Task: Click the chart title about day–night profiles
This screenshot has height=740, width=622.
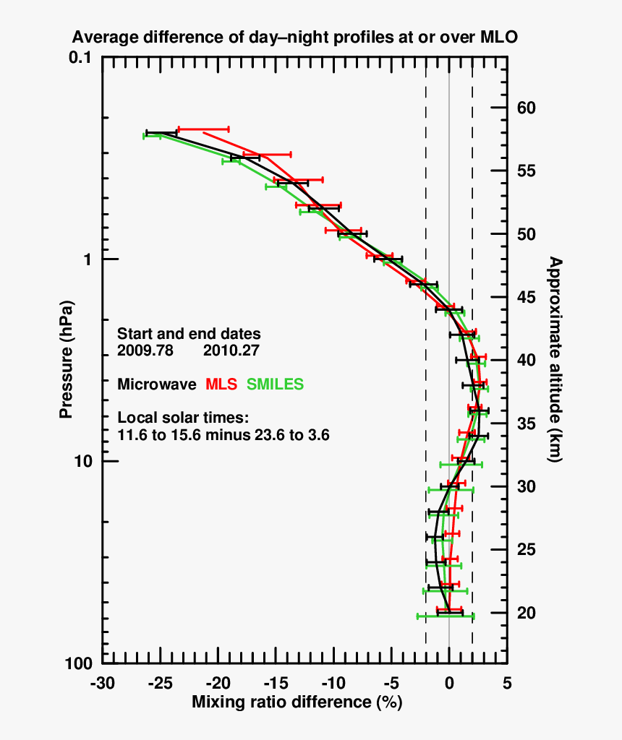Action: click(x=294, y=38)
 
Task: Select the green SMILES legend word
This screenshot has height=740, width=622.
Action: click(x=276, y=384)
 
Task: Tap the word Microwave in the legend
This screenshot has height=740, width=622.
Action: click(x=157, y=384)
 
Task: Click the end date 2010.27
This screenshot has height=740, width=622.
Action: click(x=231, y=350)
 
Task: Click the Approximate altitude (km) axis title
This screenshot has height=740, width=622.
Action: click(x=554, y=359)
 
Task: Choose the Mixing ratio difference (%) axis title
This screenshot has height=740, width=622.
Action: click(x=297, y=702)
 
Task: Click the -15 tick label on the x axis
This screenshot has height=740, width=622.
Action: click(x=276, y=684)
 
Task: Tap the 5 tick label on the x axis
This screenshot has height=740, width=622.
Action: click(x=507, y=684)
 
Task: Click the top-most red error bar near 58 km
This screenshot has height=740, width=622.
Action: click(x=203, y=129)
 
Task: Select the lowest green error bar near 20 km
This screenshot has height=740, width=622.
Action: click(x=446, y=616)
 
